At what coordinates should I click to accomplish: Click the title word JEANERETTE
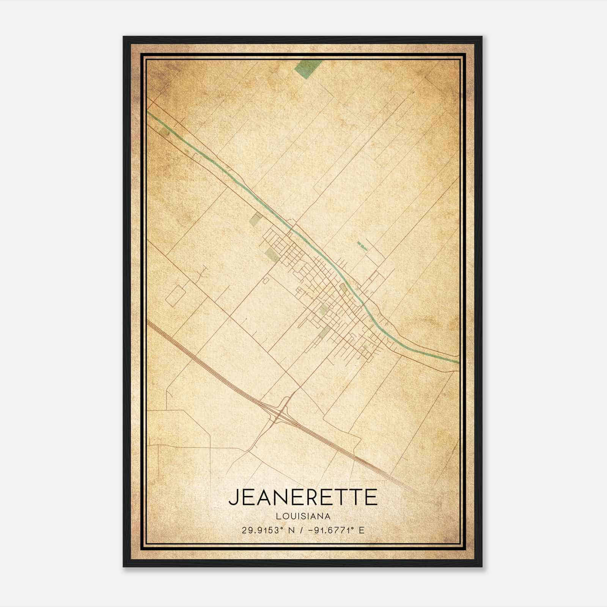pos(303,498)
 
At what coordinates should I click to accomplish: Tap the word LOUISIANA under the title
pos(303,516)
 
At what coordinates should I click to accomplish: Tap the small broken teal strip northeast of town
pos(362,246)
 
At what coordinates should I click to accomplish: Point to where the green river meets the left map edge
pos(148,113)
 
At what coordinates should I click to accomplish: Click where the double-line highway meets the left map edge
pos(148,322)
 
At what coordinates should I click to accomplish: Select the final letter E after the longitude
pos(361,530)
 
